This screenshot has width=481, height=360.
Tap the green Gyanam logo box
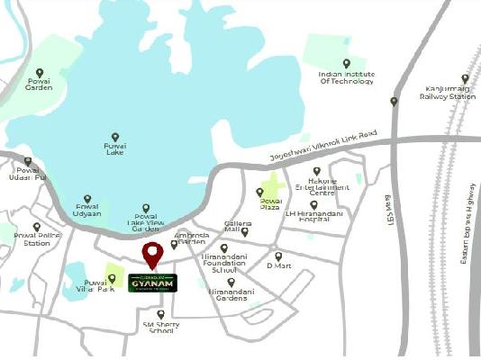point(152,283)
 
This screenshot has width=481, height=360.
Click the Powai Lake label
point(115,149)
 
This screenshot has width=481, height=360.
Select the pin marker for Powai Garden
point(39,73)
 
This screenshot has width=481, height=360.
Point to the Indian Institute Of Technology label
point(346,77)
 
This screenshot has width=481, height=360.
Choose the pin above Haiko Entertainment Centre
point(316,171)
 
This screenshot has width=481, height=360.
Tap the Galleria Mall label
point(237,226)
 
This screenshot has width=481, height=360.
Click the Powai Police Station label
point(36,240)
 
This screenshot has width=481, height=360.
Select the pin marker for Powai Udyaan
point(87,199)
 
